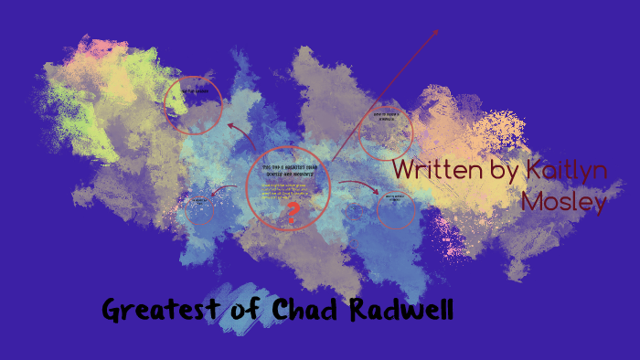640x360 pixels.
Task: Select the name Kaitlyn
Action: pyautogui.click(x=567, y=171)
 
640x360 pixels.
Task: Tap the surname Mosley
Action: pyautogui.click(x=564, y=201)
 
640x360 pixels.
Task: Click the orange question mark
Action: pyautogui.click(x=293, y=215)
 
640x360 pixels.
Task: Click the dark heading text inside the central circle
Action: pyautogui.click(x=287, y=170)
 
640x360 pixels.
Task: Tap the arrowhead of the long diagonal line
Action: pyautogui.click(x=435, y=32)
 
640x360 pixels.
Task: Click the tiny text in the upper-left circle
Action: pyautogui.click(x=195, y=91)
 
